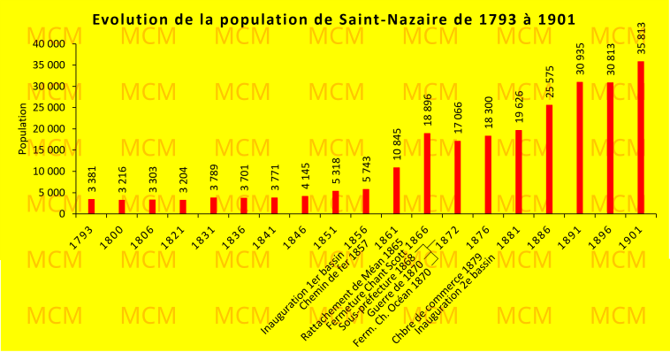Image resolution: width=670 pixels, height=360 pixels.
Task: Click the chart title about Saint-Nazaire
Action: [334, 19]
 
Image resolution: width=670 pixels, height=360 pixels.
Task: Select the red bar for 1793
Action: [91, 206]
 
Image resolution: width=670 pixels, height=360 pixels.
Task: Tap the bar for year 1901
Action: [640, 137]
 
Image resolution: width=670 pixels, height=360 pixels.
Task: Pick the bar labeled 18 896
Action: [427, 173]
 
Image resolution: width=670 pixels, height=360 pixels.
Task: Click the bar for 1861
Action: [397, 190]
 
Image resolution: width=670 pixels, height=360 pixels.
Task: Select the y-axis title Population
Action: [23, 128]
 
